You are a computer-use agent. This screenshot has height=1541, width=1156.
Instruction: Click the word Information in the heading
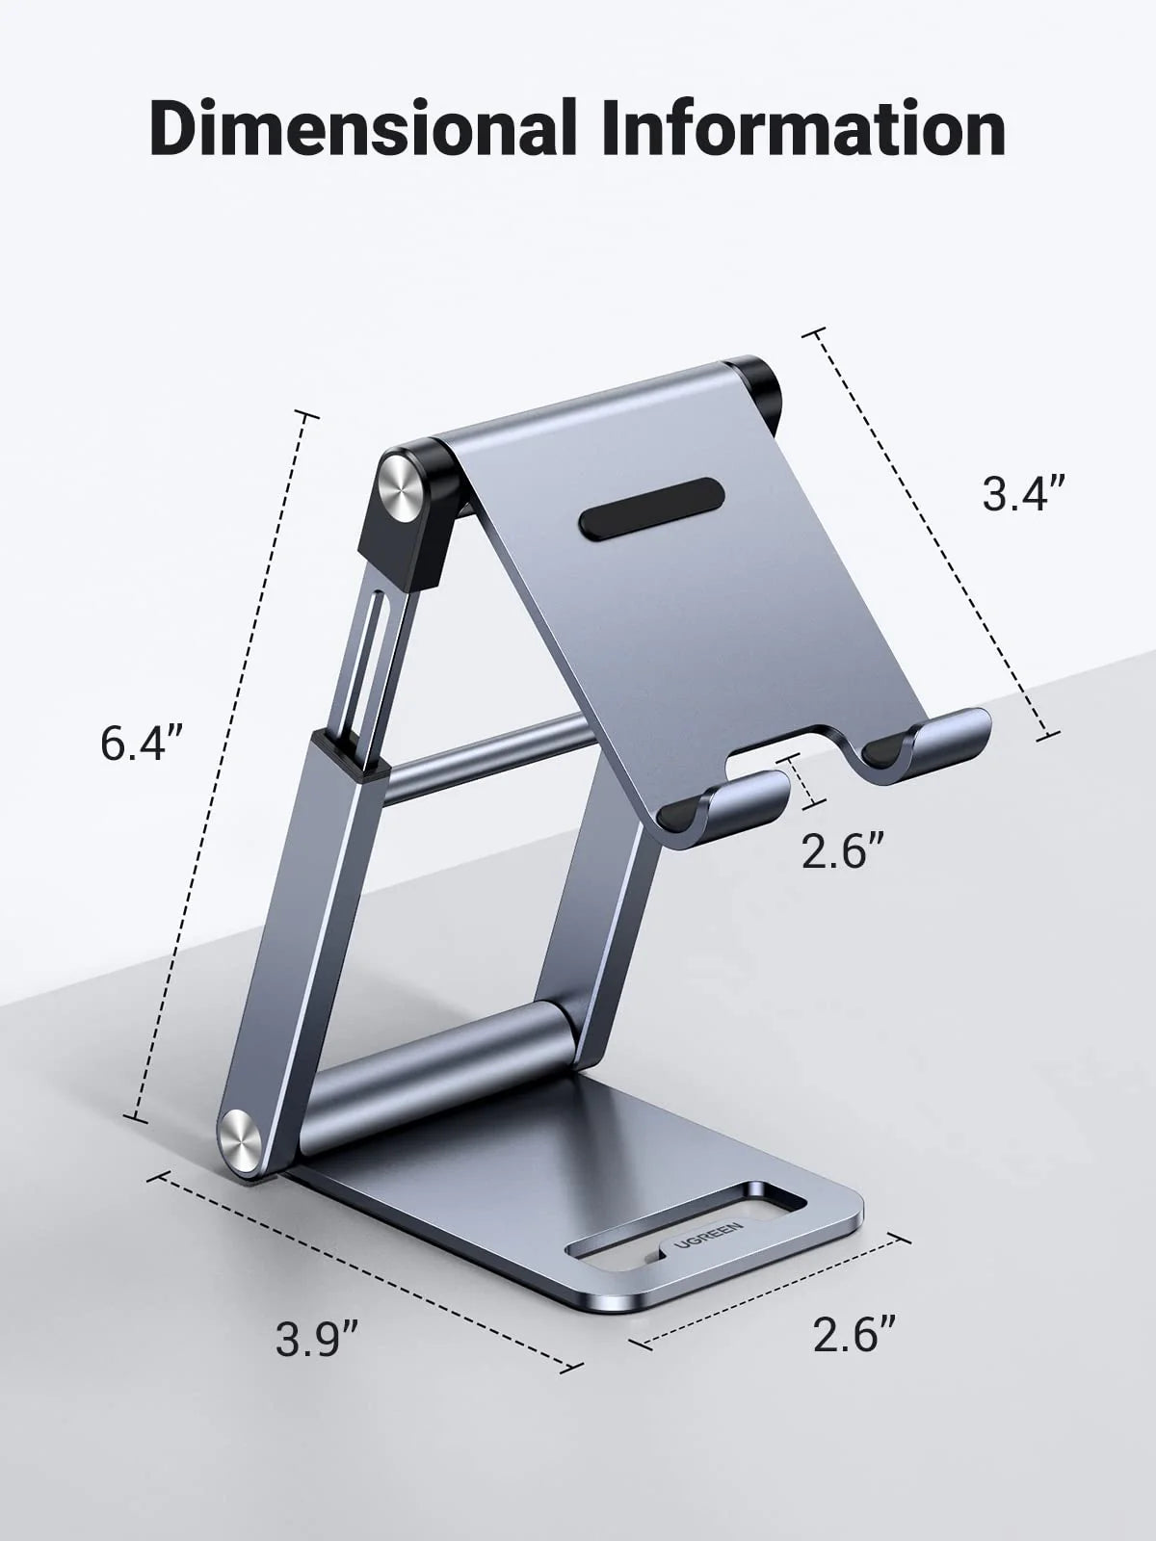point(804,127)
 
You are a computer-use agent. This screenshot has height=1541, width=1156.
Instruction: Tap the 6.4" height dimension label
point(141,744)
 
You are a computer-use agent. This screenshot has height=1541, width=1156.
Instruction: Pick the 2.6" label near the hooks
point(844,851)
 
